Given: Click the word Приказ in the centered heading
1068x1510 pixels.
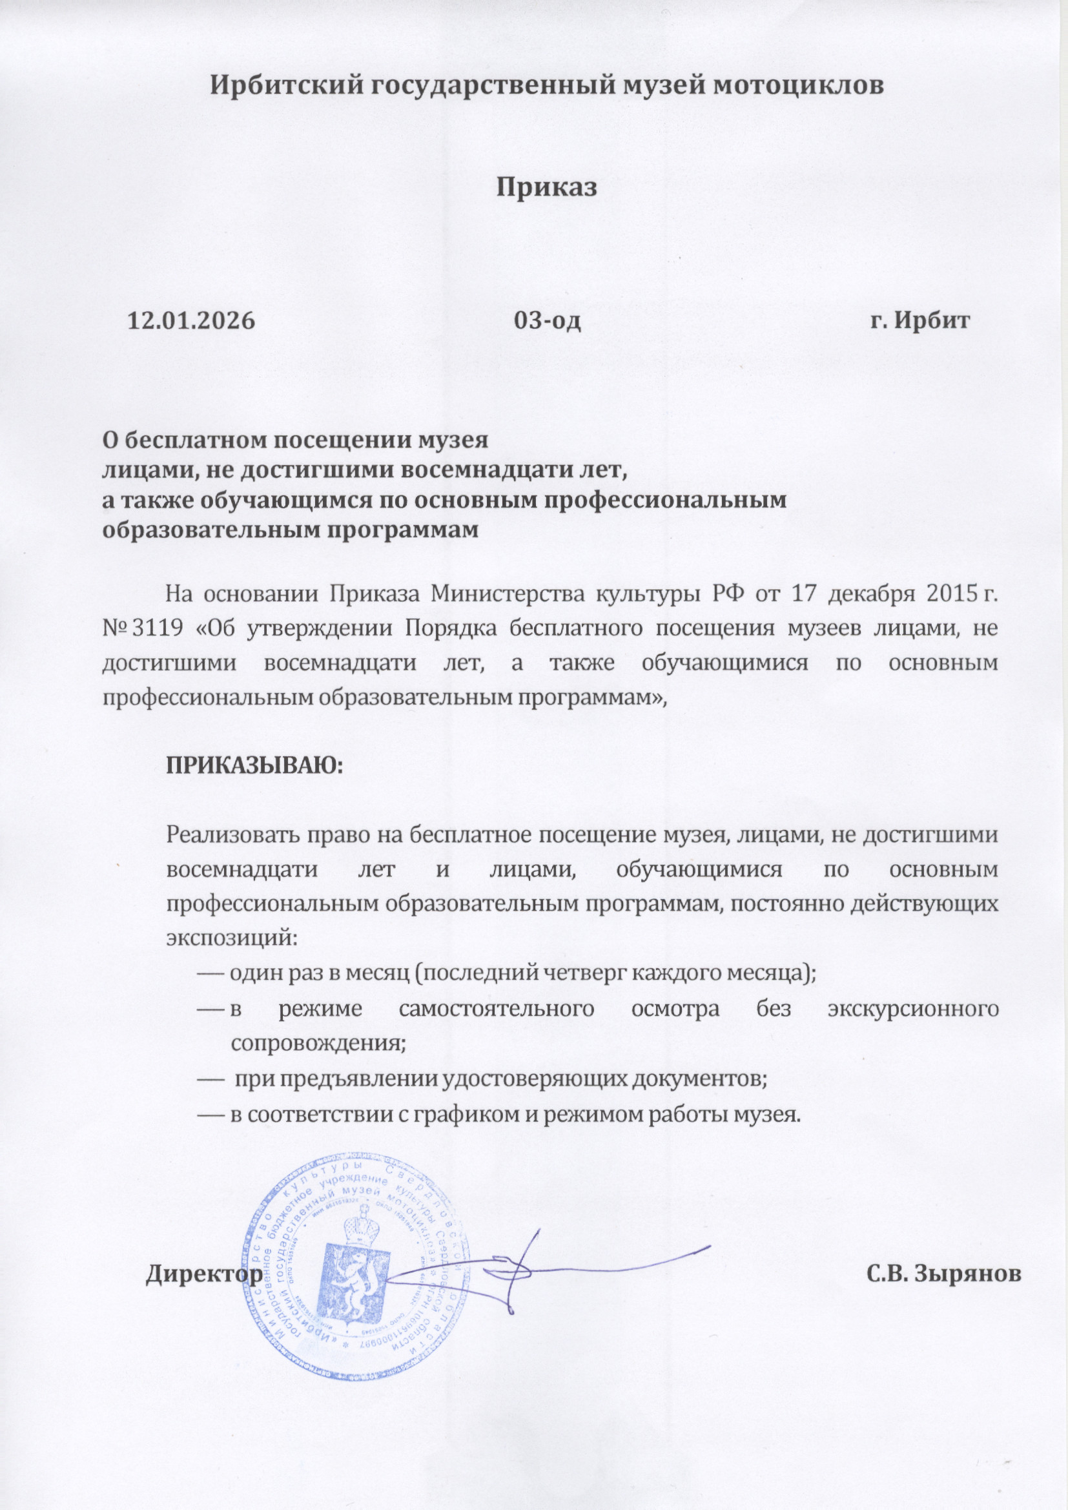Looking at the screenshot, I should click(x=546, y=186).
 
